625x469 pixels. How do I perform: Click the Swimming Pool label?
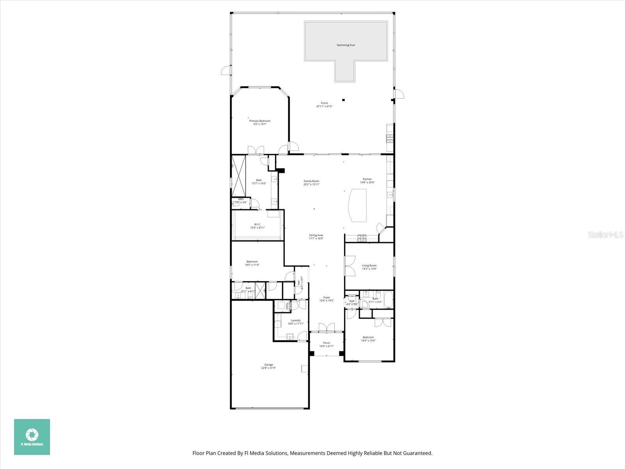pos(346,45)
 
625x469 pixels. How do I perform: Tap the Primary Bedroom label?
pos(260,121)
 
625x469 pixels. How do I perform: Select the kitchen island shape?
pos(358,205)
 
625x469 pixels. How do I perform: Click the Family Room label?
pos(311,181)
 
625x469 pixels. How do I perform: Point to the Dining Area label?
pos(316,235)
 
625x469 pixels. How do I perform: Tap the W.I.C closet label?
pos(257,224)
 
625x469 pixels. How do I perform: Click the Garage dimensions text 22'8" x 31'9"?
pos(269,368)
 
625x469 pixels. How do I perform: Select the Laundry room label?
pos(296,320)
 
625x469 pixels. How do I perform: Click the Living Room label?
pos(369,266)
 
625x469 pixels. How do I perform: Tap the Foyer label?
pos(327,297)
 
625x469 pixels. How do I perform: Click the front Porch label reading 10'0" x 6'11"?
pos(327,346)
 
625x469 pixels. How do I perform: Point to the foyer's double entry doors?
pos(327,328)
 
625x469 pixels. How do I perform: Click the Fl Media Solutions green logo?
pos(32,437)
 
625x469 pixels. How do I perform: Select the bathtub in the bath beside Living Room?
pos(388,299)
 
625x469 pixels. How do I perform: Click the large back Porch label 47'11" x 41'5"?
pos(324,106)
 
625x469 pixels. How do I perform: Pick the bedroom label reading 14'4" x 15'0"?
pos(368,340)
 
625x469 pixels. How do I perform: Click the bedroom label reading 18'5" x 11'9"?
pos(252,265)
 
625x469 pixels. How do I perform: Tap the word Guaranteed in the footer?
pos(418,453)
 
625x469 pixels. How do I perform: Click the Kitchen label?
pos(367,179)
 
